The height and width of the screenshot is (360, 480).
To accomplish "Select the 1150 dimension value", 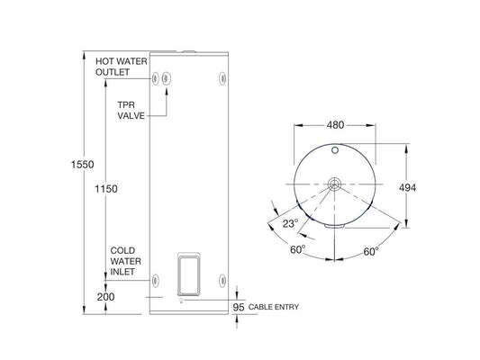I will [x=106, y=190].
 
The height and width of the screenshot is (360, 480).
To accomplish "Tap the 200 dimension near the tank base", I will [x=106, y=295].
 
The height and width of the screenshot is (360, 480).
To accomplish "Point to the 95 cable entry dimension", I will [x=238, y=308].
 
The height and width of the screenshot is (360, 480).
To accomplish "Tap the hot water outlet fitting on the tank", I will [x=156, y=77].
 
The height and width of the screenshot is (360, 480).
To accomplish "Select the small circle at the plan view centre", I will [x=334, y=184].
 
